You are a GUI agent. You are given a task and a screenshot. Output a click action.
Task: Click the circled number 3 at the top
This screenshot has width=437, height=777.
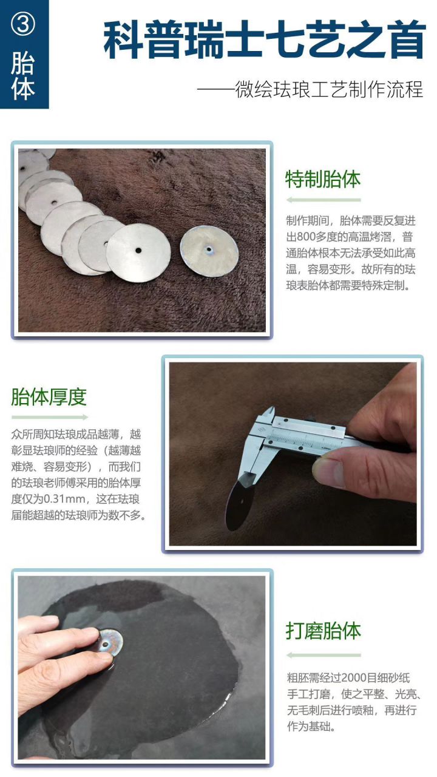(23, 24)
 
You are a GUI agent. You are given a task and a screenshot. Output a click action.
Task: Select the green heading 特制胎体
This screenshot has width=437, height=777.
(323, 179)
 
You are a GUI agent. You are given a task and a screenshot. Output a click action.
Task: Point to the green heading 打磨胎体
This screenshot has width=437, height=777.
(323, 631)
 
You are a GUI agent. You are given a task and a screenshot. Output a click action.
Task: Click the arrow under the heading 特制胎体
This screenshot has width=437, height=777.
(323, 200)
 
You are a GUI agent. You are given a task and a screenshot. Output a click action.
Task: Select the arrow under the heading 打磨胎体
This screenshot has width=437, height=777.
(323, 655)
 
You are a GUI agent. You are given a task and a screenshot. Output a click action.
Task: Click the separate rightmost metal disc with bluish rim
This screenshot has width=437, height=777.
(209, 249)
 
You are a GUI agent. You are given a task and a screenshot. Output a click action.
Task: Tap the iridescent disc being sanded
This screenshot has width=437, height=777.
(110, 641)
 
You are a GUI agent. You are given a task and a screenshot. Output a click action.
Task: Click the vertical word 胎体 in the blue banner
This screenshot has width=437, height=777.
(23, 76)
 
